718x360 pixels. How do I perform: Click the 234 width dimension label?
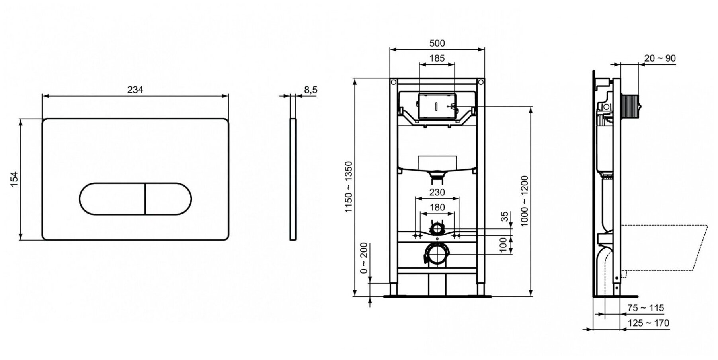pyautogui.click(x=135, y=90)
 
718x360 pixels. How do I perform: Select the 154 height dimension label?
pyautogui.click(x=14, y=179)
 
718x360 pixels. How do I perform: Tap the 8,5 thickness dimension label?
pyautogui.click(x=311, y=90)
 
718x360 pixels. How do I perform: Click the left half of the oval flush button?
pyautogui.click(x=112, y=198)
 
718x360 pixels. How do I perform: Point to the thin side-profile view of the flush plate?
pyautogui.click(x=293, y=179)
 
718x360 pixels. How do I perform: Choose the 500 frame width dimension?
pyautogui.click(x=437, y=43)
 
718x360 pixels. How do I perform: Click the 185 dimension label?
pyautogui.click(x=437, y=58)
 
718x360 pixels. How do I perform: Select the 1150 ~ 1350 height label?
pyautogui.click(x=349, y=187)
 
